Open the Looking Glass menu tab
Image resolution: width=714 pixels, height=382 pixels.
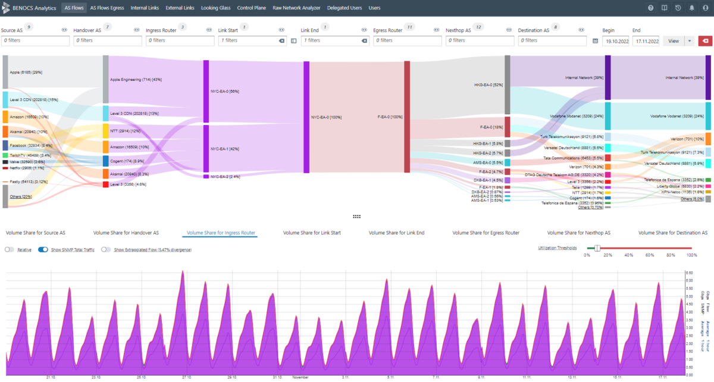(x=217, y=8)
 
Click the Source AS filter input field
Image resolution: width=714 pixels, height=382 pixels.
(x=35, y=40)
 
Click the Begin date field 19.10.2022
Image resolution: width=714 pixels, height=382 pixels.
(x=616, y=40)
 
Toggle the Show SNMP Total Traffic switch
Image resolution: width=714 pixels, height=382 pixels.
(x=43, y=249)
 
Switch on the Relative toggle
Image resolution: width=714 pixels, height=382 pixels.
(x=9, y=249)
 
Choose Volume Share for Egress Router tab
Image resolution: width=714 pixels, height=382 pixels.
(x=486, y=233)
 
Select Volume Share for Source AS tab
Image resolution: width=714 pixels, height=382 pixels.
(x=35, y=233)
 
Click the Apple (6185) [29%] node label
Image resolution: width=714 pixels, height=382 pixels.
(x=26, y=72)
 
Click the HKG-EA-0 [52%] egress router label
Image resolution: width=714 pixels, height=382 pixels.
(x=488, y=84)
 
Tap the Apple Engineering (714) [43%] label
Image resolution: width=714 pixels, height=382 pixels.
(x=136, y=79)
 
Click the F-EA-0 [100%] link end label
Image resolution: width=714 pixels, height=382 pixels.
(x=390, y=117)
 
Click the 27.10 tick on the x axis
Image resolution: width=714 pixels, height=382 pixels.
(x=186, y=377)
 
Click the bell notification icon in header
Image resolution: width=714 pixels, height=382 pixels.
(x=691, y=8)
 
